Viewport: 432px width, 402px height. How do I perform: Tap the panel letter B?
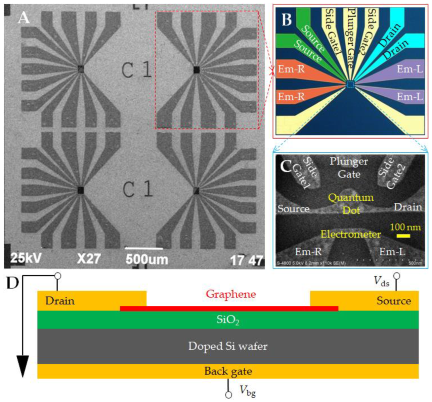tap(287, 20)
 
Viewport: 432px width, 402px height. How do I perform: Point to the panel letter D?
tap(13, 283)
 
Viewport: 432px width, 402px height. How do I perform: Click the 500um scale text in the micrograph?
tap(147, 259)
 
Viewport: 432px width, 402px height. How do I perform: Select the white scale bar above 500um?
tap(144, 248)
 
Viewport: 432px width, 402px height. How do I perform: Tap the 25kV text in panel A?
tap(26, 258)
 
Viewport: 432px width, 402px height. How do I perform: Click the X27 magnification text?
tap(89, 259)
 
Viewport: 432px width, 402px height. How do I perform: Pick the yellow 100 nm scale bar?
tap(403, 236)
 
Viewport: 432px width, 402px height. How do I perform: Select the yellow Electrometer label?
tap(350, 234)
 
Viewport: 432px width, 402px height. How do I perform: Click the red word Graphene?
tap(231, 294)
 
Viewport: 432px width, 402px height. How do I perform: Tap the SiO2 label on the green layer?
tap(228, 320)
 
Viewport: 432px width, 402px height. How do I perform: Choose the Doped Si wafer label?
tap(228, 346)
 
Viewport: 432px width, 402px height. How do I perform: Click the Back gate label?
tap(228, 371)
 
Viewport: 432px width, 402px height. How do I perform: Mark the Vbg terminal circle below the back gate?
tap(228, 395)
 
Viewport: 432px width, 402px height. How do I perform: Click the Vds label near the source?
tap(382, 281)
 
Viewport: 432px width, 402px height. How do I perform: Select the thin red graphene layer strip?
tap(229, 308)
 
